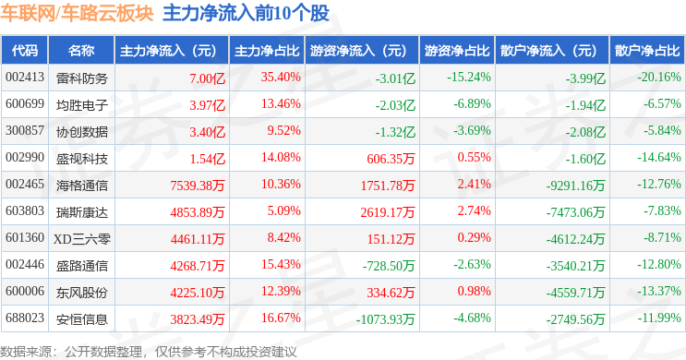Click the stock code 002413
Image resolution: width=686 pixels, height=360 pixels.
click(25, 78)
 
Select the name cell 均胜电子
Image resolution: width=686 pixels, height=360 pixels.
click(82, 105)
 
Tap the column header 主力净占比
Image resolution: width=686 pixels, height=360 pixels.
click(267, 51)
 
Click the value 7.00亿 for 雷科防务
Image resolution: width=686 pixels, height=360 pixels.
click(208, 78)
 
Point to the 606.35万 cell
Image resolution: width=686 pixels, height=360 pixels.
click(391, 159)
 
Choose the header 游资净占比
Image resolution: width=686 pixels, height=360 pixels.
click(457, 51)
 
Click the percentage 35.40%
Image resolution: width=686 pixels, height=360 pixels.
click(281, 78)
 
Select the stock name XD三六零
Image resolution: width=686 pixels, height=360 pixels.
click(82, 239)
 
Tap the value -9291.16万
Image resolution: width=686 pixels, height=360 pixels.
click(576, 186)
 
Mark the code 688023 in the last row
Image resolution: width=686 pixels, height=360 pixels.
click(25, 318)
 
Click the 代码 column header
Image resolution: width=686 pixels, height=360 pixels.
click(25, 51)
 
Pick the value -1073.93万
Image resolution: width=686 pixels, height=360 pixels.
click(385, 319)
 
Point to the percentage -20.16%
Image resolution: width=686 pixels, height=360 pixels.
click(659, 78)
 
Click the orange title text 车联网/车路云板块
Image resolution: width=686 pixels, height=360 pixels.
click(77, 13)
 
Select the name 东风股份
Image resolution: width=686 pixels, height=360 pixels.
click(82, 293)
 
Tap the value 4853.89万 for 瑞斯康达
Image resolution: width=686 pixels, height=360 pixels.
click(198, 212)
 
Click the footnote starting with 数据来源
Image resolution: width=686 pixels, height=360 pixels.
click(149, 352)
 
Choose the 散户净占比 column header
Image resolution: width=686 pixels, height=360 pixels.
click(647, 51)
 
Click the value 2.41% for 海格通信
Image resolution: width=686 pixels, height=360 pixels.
click(475, 185)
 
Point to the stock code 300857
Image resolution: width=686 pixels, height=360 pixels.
click(25, 131)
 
